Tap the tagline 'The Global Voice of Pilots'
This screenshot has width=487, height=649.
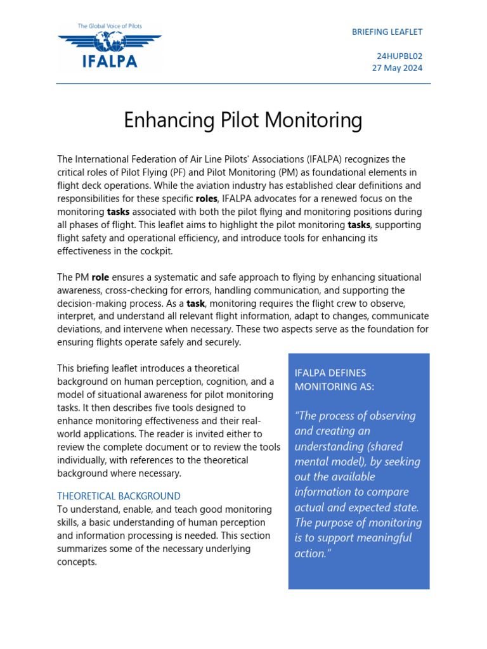[x=110, y=26]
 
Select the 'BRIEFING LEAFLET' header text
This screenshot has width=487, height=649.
[x=387, y=32]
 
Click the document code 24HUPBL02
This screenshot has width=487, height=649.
[x=399, y=56]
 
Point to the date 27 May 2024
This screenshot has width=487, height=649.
[x=397, y=68]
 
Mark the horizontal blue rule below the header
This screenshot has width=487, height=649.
[x=243, y=83]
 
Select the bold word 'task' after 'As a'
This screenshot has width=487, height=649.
[x=195, y=304]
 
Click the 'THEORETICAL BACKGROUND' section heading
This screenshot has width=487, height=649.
[x=119, y=496]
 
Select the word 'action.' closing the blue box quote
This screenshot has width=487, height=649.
[x=313, y=553]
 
